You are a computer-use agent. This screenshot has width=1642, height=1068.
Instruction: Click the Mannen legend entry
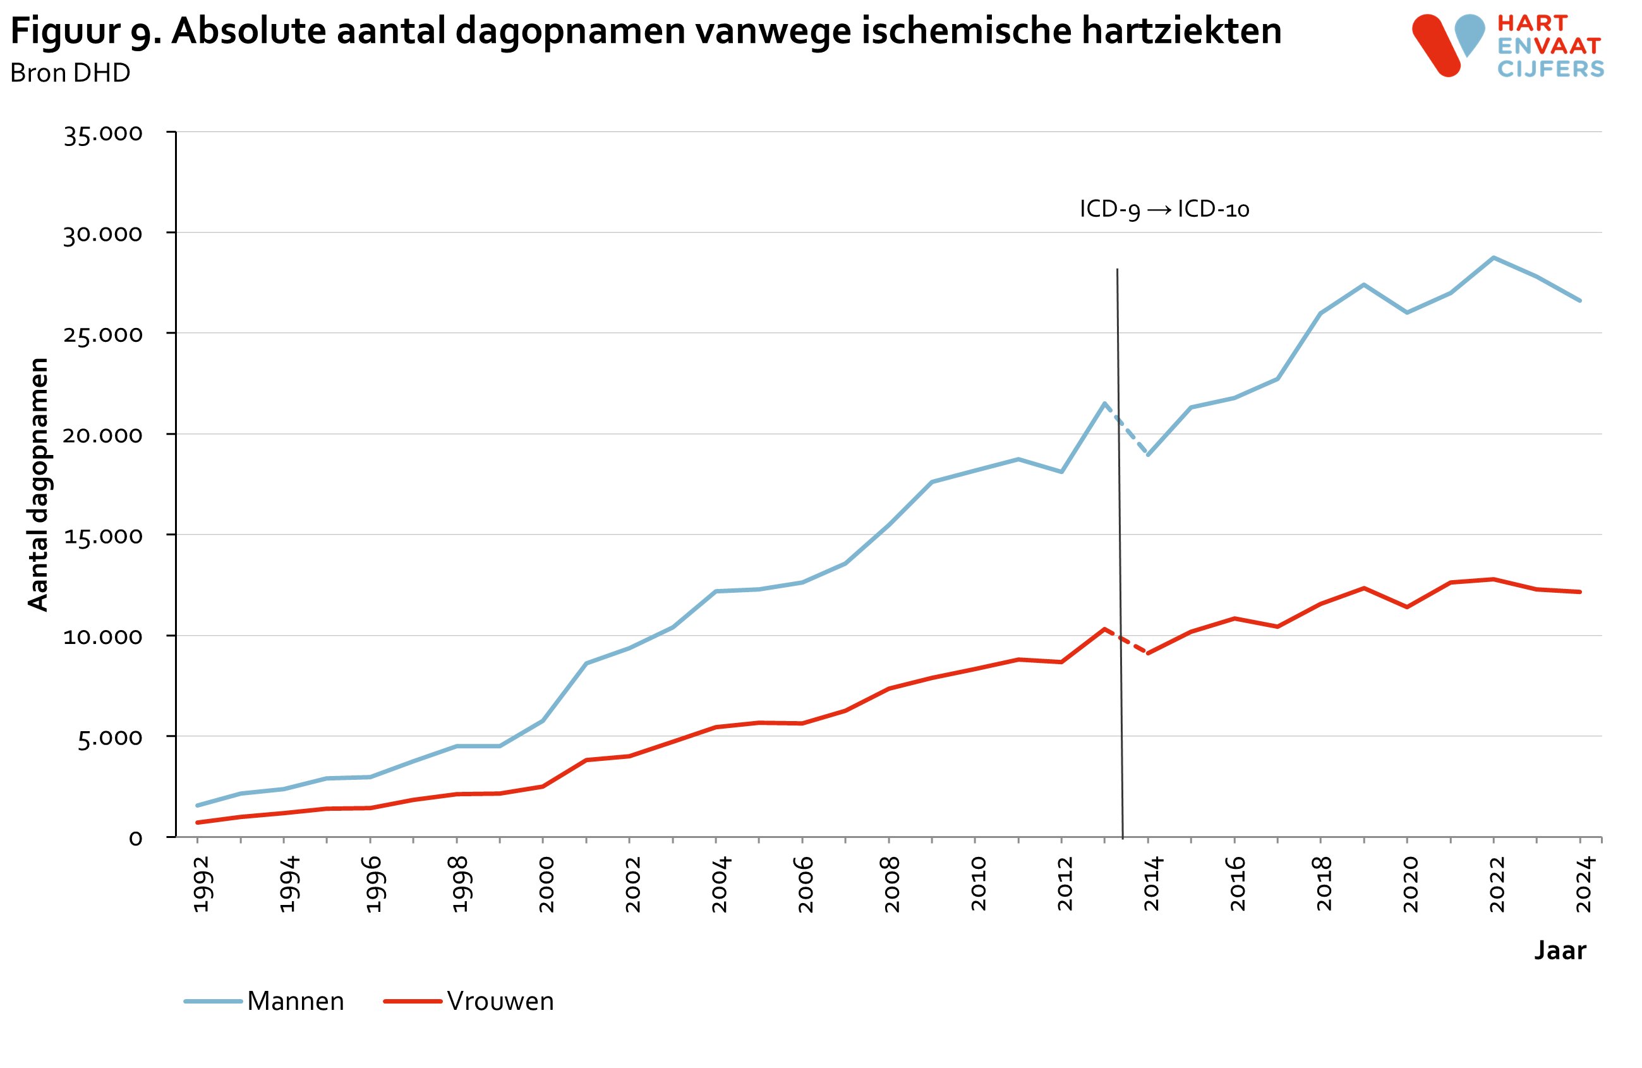click(x=294, y=1001)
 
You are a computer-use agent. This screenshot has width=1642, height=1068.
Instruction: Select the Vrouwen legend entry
click(x=500, y=1001)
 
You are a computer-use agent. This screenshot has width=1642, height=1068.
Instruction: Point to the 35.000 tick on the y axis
click(x=103, y=134)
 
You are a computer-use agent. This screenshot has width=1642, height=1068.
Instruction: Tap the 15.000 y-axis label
click(x=103, y=536)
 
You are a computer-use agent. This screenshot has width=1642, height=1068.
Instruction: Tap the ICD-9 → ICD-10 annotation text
click(x=1164, y=209)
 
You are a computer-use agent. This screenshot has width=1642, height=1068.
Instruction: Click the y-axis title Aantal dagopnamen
click(x=39, y=484)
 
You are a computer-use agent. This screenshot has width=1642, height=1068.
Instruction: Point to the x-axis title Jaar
click(x=1560, y=950)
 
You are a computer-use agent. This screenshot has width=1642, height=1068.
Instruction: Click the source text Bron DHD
click(x=69, y=73)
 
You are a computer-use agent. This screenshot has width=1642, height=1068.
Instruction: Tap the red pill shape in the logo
click(x=1437, y=46)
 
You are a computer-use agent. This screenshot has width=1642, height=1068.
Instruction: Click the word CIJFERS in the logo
click(x=1550, y=69)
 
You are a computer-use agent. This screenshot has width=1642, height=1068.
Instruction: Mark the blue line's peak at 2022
click(x=1494, y=257)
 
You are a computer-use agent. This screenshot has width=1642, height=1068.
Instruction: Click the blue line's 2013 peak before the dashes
click(x=1104, y=403)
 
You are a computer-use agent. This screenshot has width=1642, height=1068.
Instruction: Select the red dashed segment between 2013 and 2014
click(x=1126, y=641)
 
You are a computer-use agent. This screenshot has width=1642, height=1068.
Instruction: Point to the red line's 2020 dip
click(x=1407, y=607)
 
